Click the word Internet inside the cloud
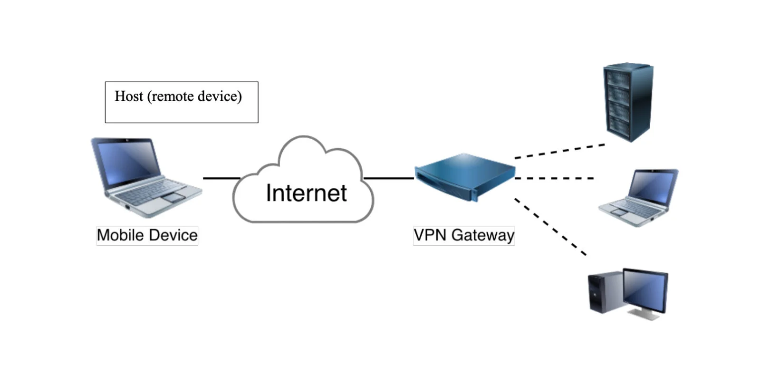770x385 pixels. pyautogui.click(x=306, y=193)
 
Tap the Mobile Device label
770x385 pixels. pyautogui.click(x=147, y=235)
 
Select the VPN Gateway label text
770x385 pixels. pyautogui.click(x=464, y=235)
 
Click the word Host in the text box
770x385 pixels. pyautogui.click(x=129, y=96)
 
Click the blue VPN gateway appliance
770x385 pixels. pyautogui.click(x=465, y=176)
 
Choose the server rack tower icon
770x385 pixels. pyautogui.click(x=628, y=102)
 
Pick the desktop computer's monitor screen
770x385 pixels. pyautogui.click(x=645, y=289)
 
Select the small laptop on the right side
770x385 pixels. pyautogui.click(x=640, y=197)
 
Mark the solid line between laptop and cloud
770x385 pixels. pyautogui.click(x=221, y=178)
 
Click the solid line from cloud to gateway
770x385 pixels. pyautogui.click(x=389, y=178)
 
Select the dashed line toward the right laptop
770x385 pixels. pyautogui.click(x=554, y=178)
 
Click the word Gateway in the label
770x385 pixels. pyautogui.click(x=482, y=235)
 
